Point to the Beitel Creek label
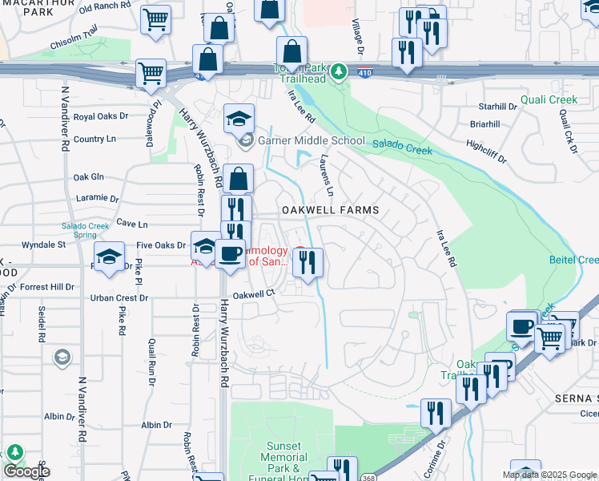tap(573, 260)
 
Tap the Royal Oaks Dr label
tap(100, 116)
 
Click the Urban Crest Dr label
tap(119, 297)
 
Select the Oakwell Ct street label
tap(255, 294)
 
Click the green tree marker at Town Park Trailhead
tap(340, 72)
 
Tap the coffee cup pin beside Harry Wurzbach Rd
tap(231, 254)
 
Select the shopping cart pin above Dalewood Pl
tap(151, 74)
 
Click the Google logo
tap(26, 471)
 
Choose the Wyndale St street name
tap(43, 244)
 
